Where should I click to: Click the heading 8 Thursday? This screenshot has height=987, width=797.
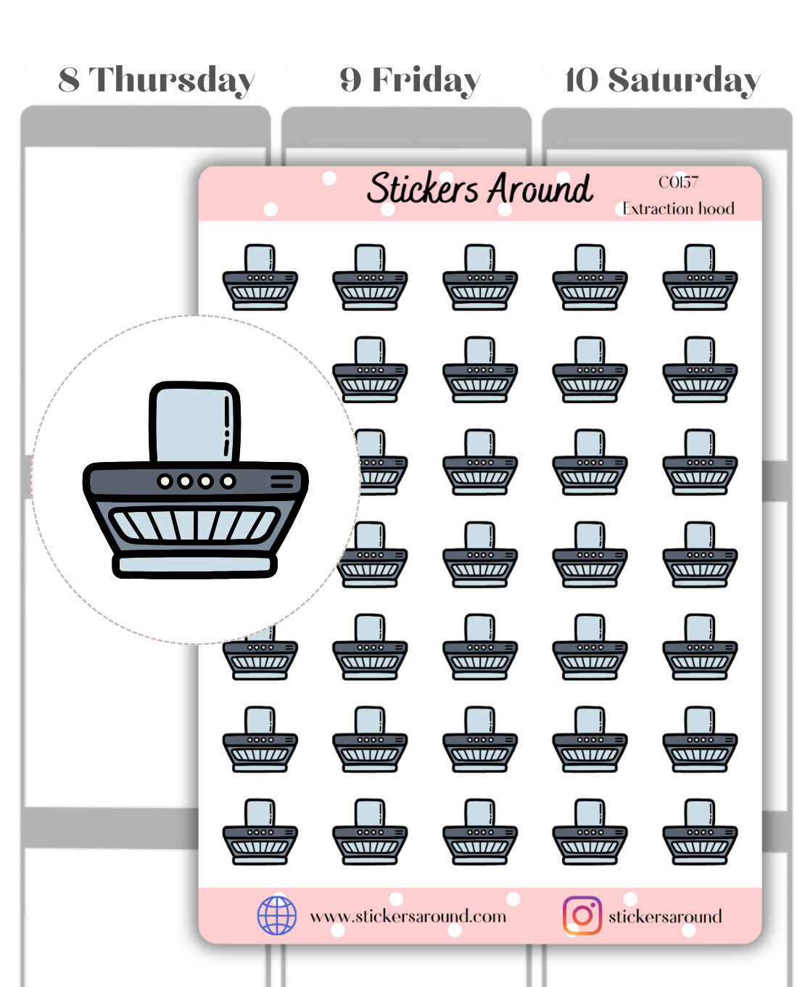(x=157, y=80)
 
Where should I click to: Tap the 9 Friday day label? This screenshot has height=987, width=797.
(x=410, y=80)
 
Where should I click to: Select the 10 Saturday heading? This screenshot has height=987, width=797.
(x=662, y=80)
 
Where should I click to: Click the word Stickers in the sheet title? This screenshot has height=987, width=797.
(x=423, y=189)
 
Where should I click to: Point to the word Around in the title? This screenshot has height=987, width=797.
(x=540, y=189)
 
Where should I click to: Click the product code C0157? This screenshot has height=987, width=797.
(x=678, y=182)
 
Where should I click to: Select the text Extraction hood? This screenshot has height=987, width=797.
(x=679, y=209)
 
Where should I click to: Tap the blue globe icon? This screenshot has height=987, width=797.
(x=277, y=915)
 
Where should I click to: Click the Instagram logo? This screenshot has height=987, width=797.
(x=582, y=915)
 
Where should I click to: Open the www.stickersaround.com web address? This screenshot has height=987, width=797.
(x=408, y=917)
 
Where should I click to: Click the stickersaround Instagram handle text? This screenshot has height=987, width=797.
(x=665, y=917)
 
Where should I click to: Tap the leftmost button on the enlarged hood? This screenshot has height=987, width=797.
(x=165, y=481)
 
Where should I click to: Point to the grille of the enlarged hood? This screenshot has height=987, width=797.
(x=194, y=524)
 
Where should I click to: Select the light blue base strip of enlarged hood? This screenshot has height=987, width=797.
(x=194, y=564)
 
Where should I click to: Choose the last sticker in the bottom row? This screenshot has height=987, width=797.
(x=700, y=832)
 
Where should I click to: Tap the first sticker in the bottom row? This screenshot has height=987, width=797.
(x=260, y=832)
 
